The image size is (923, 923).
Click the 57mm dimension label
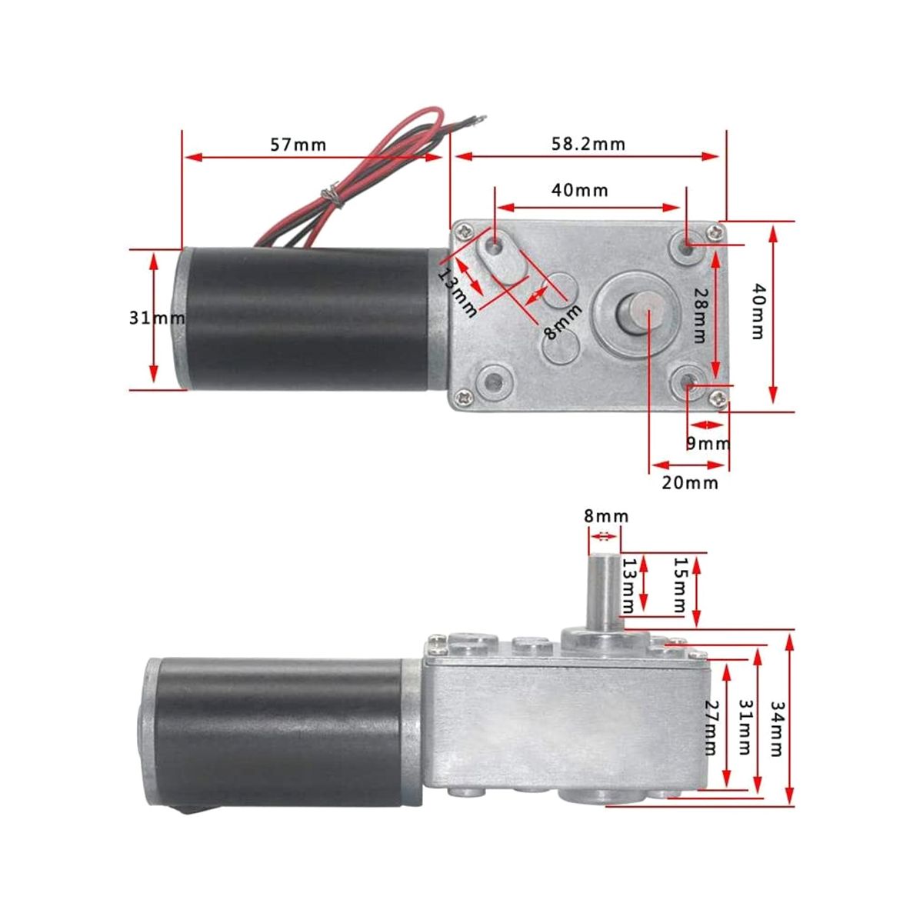pyautogui.click(x=298, y=144)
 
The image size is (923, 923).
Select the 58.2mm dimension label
pyautogui.click(x=588, y=144)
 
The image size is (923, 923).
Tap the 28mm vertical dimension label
pyautogui.click(x=700, y=315)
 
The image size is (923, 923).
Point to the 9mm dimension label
pyautogui.click(x=708, y=444)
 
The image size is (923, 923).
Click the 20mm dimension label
pyautogui.click(x=690, y=483)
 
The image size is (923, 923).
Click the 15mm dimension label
pyautogui.click(x=680, y=585)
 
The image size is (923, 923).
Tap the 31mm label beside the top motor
pyautogui.click(x=157, y=318)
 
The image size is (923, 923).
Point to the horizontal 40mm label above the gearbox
pyautogui.click(x=580, y=191)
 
